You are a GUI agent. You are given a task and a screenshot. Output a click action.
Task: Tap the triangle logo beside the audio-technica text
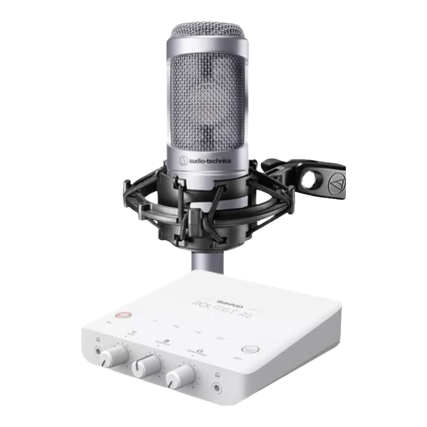(x=183, y=160)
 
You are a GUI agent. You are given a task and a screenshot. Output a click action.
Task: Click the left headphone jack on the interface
(x=98, y=351)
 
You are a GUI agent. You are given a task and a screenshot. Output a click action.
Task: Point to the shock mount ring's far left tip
(x=126, y=187)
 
